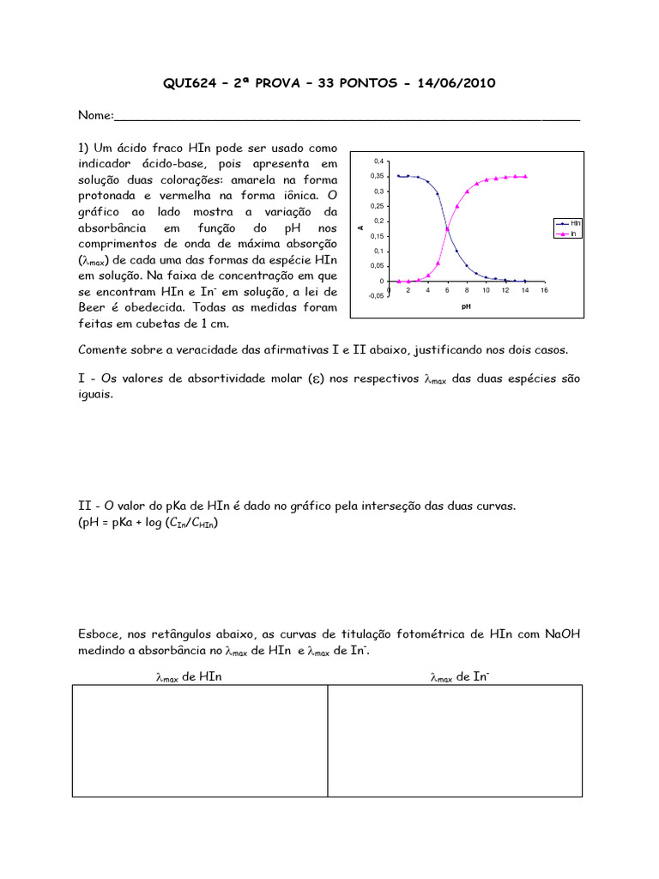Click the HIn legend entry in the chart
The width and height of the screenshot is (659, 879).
pos(571,222)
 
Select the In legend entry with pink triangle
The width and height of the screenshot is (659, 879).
pos(571,233)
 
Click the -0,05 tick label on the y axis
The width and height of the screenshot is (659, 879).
pos(376,295)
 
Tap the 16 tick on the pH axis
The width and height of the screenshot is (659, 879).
pos(544,291)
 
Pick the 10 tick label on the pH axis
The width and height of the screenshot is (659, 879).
pos(486,291)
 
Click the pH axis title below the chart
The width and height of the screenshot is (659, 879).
pos(467,305)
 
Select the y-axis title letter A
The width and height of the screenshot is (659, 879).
pos(360,227)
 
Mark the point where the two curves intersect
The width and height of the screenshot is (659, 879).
pos(447,229)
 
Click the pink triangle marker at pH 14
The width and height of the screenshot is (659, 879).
pos(525,176)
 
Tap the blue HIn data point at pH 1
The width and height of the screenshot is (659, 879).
pos(398,176)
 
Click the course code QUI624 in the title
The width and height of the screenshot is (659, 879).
pos(192,83)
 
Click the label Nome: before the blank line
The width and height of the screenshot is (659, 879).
pos(95,116)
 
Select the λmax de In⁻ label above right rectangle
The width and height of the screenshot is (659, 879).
pos(460,677)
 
